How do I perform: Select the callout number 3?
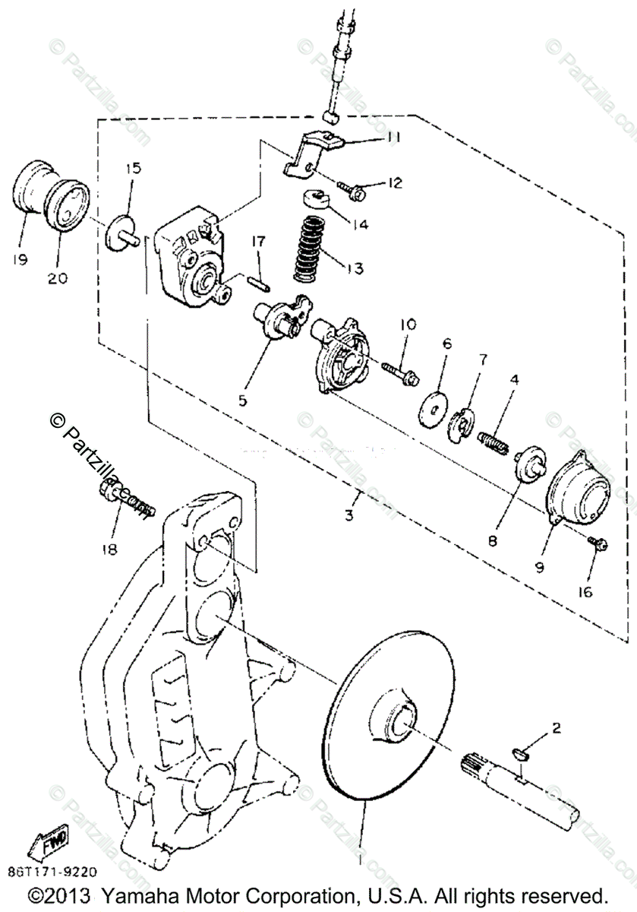click(348, 515)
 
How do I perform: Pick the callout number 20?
click(58, 278)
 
